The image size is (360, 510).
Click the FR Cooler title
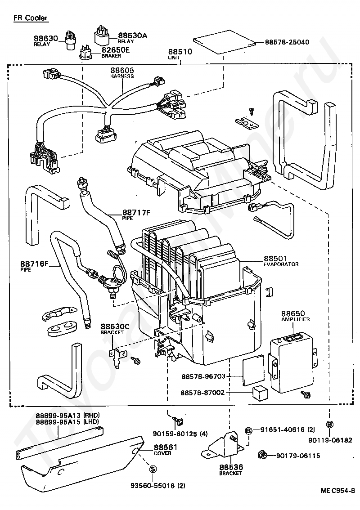(x=30, y=18)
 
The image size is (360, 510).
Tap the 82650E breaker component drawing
(x=86, y=53)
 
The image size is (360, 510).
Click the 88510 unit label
(x=180, y=54)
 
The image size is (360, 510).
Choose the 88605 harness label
(x=122, y=72)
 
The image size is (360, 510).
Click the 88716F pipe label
(x=34, y=266)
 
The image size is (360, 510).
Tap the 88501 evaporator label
(x=281, y=261)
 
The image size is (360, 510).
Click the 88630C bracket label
(x=115, y=329)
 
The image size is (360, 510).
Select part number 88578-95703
(x=203, y=376)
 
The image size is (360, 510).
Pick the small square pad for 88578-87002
(x=260, y=393)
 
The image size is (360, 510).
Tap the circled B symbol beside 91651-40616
(x=248, y=431)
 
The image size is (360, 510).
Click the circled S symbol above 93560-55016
(x=153, y=469)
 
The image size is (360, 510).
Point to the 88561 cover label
(x=166, y=449)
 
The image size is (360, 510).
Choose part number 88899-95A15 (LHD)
(x=67, y=422)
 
